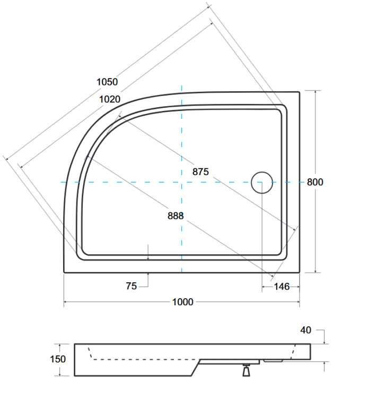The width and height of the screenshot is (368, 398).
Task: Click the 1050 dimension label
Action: coord(107,82)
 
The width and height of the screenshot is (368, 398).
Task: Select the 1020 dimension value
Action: coord(109,99)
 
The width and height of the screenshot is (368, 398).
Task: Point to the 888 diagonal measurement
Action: coord(176,215)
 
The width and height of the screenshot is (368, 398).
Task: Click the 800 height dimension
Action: coord(314,182)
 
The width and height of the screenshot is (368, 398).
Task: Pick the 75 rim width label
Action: coord(131,286)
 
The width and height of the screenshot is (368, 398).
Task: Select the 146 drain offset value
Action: coord(281,287)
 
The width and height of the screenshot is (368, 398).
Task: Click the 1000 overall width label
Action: coord(182,302)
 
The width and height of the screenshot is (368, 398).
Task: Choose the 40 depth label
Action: coord(305,330)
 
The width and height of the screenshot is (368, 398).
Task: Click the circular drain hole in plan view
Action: coord(262,183)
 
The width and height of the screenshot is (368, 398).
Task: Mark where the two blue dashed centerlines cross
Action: coord(182,182)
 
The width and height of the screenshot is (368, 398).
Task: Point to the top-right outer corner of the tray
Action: coord(300,92)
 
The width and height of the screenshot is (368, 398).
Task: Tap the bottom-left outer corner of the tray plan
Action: coord(64,272)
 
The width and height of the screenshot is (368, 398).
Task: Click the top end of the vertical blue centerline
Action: coord(182,85)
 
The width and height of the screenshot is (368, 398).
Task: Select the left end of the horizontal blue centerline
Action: coord(61,182)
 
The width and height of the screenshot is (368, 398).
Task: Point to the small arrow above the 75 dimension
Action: coord(148,257)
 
